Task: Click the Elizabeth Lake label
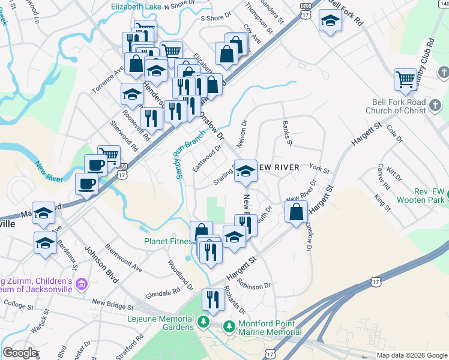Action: [x=136, y=7]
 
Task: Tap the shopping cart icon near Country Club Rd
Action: [x=406, y=79]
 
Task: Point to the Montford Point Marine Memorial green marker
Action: [x=229, y=326]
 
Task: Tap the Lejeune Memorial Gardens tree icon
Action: [x=203, y=323]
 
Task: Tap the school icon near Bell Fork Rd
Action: [x=330, y=22]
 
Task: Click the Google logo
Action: [x=20, y=353]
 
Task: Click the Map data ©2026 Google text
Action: [x=411, y=355]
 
